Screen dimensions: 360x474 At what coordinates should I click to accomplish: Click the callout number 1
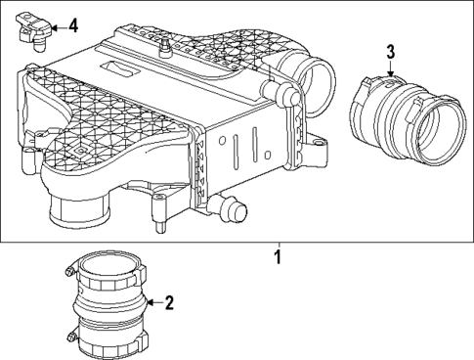(x=278, y=259)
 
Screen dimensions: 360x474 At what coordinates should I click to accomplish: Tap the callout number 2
(x=168, y=302)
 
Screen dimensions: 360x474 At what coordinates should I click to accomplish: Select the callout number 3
(x=390, y=51)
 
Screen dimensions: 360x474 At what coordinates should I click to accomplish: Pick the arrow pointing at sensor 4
(x=56, y=26)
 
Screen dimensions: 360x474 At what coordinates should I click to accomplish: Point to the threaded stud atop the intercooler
(x=166, y=44)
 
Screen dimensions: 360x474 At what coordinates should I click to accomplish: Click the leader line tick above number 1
(x=278, y=246)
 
